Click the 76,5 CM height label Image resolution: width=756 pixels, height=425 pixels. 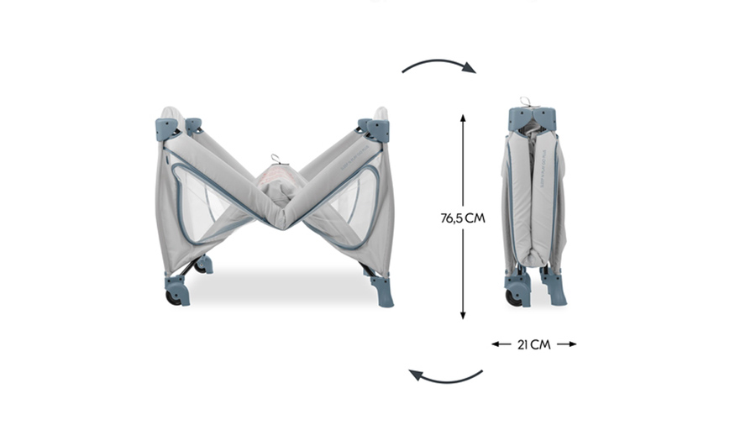click(x=462, y=218)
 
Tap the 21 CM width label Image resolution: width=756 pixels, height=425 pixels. click(x=533, y=344)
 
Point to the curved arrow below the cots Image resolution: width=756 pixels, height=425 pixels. click(x=445, y=380)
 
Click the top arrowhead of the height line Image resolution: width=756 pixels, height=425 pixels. click(x=463, y=119)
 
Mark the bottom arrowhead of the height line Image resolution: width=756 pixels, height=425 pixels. click(x=463, y=315)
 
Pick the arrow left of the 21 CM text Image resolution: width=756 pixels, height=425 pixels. click(x=501, y=344)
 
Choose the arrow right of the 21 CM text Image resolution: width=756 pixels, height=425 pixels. click(x=566, y=344)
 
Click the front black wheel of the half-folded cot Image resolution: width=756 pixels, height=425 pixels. click(x=173, y=298)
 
